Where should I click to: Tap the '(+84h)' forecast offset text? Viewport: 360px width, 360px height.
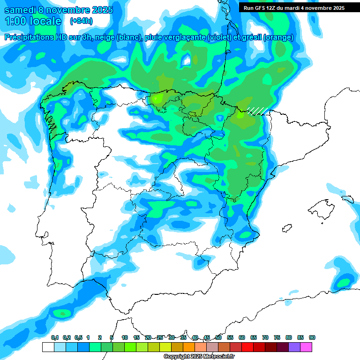(81, 21)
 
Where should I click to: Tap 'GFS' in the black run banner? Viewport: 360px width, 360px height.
(264, 7)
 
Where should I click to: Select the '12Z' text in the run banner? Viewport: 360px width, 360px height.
(278, 7)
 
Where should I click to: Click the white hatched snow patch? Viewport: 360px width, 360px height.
(257, 111)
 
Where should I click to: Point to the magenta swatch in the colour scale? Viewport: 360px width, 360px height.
(306, 347)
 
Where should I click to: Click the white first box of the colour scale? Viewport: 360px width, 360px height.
(48, 347)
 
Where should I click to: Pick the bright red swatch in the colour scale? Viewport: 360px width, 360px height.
(247, 347)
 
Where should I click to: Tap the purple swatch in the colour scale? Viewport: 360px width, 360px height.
(294, 347)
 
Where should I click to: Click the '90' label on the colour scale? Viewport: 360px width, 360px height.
(312, 337)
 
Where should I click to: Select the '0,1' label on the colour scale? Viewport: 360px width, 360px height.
(54, 337)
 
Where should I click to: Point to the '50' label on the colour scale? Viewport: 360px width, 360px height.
(218, 337)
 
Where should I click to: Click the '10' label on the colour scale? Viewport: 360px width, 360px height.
(125, 337)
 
